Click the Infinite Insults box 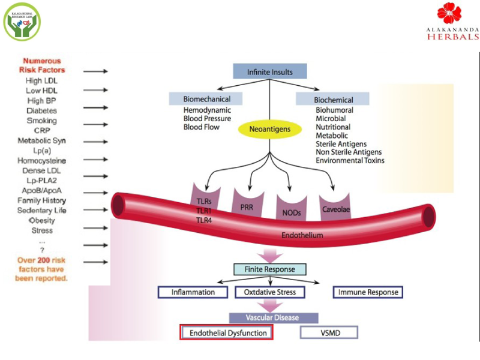pyautogui.click(x=270, y=72)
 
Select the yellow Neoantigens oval pyautogui.click(x=269, y=128)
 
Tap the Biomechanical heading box pyautogui.click(x=207, y=99)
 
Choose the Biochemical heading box pyautogui.click(x=333, y=100)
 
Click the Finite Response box pyautogui.click(x=269, y=269)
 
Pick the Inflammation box pyautogui.click(x=193, y=292)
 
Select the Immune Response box pyautogui.click(x=368, y=292)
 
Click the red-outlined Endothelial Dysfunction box pyautogui.click(x=227, y=332)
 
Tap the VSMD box pyautogui.click(x=328, y=332)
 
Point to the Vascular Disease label pyautogui.click(x=272, y=317)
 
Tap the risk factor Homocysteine pyautogui.click(x=41, y=161)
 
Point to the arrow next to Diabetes pyautogui.click(x=95, y=110)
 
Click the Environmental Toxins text pyautogui.click(x=350, y=161)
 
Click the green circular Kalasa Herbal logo pyautogui.click(x=22, y=21)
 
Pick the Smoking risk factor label pyautogui.click(x=41, y=121)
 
